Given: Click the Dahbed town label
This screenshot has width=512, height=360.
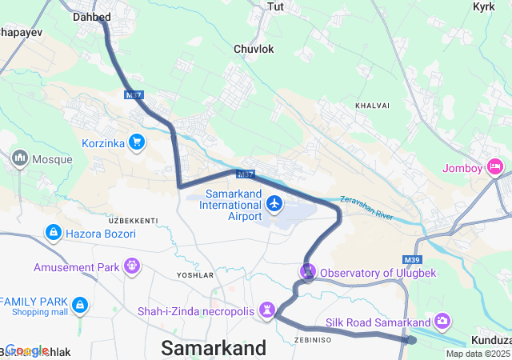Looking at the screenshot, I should click(x=92, y=16).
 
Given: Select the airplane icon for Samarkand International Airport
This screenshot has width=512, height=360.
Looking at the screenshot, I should click(x=275, y=204).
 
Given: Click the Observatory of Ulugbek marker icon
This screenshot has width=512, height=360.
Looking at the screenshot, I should click(x=308, y=272).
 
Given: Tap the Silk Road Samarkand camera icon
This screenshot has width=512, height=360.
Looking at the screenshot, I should click(x=442, y=322).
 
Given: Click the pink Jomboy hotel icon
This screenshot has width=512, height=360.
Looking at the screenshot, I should click(x=494, y=167).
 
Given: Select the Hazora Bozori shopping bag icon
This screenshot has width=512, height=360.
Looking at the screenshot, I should click(x=53, y=233).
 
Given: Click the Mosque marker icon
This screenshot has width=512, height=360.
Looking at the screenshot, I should click(x=19, y=158).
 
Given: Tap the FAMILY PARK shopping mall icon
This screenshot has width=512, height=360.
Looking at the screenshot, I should click(x=79, y=305).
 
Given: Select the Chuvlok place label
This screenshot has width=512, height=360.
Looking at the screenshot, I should click(x=254, y=49).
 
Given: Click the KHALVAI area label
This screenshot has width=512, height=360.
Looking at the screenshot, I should click(x=372, y=105).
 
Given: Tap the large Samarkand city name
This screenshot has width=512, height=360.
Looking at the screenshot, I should click(x=214, y=348).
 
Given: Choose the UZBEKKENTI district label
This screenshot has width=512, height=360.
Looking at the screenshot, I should click(x=133, y=220).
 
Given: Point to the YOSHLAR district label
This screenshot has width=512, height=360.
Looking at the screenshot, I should click(x=194, y=274).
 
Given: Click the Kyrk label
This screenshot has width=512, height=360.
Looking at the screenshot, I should click(x=484, y=6).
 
